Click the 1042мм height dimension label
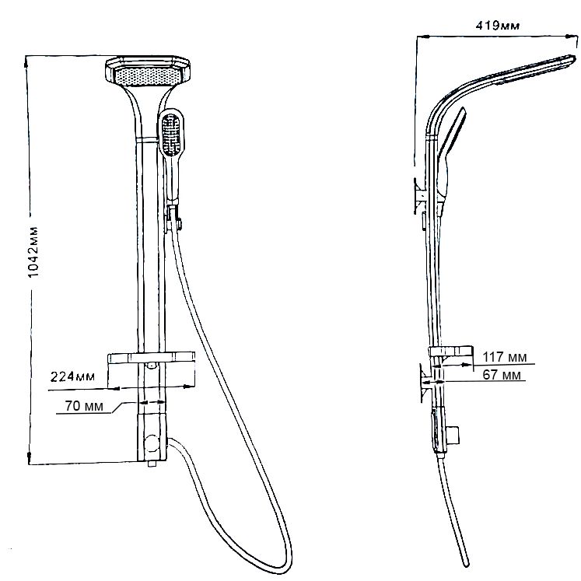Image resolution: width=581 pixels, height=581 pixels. coord(33,251)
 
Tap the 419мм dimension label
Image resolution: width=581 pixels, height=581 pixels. coord(498,26)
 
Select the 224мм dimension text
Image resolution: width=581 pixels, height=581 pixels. coord(72,376)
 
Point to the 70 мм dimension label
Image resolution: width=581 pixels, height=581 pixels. coord(84,406)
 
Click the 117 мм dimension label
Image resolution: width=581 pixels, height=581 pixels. coord(504,357)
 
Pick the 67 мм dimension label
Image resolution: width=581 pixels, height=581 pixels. coord(502,375)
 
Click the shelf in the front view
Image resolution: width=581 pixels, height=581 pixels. coord(151,358)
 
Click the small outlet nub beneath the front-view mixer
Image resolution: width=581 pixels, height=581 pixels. coord(152,464)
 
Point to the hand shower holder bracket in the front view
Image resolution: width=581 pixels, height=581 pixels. coord(173,219)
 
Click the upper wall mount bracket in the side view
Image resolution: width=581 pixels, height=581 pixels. coord(420,195)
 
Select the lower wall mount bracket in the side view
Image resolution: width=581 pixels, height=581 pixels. coord(425,382)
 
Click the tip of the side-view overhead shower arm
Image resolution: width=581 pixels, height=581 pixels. coord(573,58)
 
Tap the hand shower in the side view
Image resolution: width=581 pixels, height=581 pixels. coord(450,160)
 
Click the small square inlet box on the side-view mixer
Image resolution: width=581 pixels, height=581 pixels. coord(453,435)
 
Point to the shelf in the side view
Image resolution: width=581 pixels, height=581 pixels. coord(451,352)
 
